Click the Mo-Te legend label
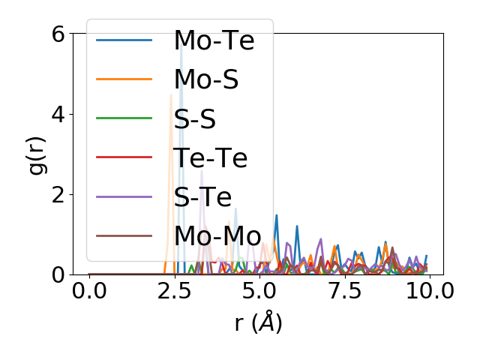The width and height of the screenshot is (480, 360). (214, 40)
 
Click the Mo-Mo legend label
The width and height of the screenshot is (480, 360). (217, 236)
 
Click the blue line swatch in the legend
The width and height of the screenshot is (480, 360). (124, 40)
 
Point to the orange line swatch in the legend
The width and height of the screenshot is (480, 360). (124, 79)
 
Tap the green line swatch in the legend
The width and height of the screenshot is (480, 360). (124, 118)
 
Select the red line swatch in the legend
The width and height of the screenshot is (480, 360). (124, 157)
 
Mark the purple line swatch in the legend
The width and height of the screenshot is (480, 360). (124, 196)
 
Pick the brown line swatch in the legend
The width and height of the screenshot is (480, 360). (124, 236)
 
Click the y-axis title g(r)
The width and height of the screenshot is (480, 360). (36, 154)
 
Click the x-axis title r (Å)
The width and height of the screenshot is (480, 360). (258, 322)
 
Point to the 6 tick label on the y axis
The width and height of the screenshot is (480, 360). (58, 34)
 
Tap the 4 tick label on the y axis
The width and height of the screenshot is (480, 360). (58, 114)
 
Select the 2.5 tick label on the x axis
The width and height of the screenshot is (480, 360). (173, 291)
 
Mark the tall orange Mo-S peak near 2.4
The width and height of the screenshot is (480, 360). (171, 97)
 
